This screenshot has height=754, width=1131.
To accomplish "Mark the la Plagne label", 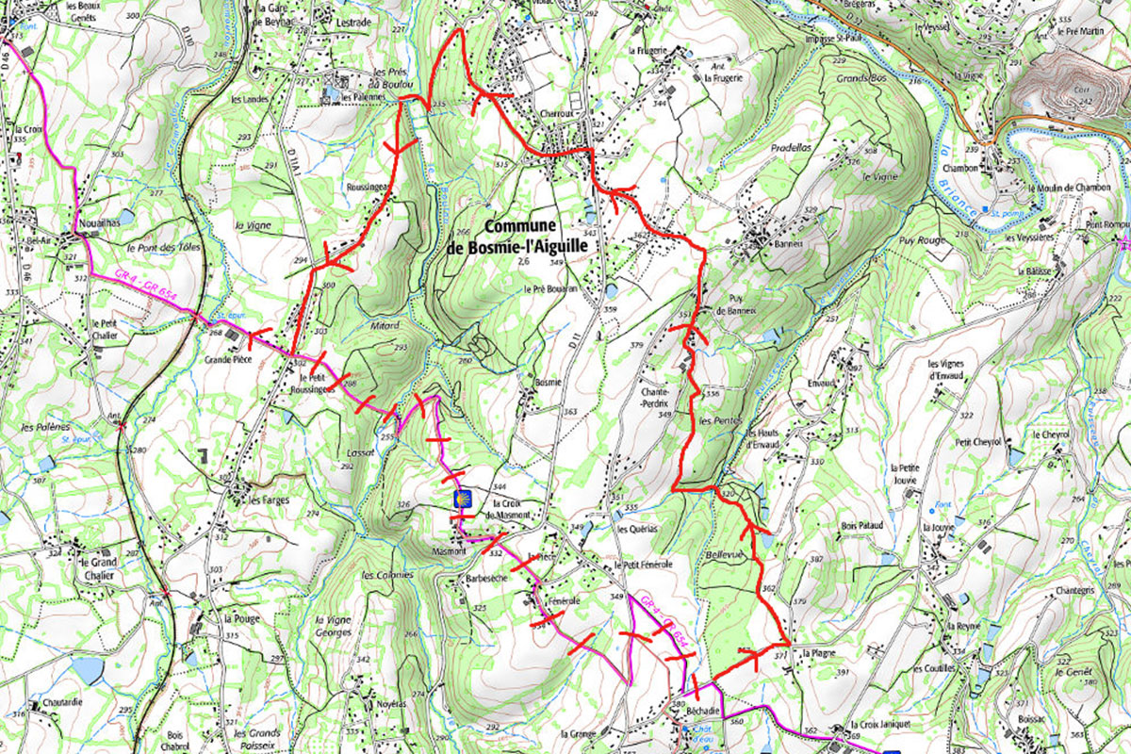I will (x=817, y=652).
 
